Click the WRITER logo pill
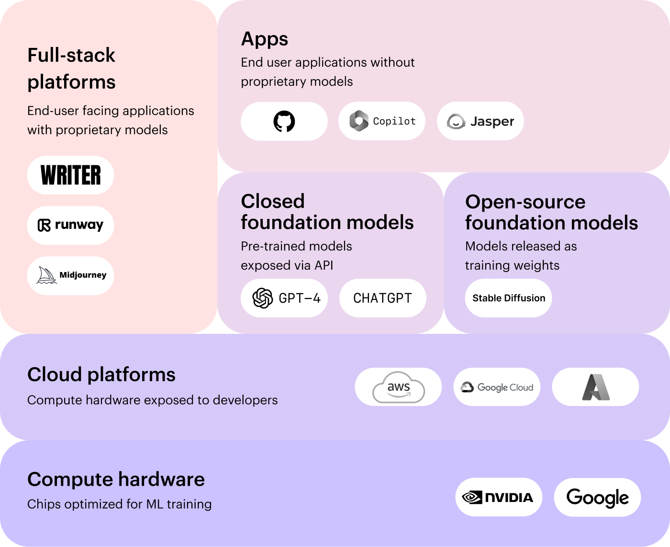coord(71,175)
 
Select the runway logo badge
coord(71,225)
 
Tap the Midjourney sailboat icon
coord(46,275)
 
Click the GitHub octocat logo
coord(284,121)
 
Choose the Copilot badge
coord(382,121)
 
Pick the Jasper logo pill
coord(480,121)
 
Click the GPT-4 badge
coord(284,298)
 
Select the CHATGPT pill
coord(382,298)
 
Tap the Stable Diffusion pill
coord(509,298)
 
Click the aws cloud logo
coord(399,387)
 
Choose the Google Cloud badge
coord(497,387)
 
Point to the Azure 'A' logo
coord(596,387)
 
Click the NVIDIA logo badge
coord(499,497)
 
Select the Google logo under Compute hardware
coord(597,497)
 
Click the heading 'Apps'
coord(265,39)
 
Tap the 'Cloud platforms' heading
coord(101,375)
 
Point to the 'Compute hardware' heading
coord(116,479)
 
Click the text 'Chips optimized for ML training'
coord(120,504)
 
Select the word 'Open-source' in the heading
coord(525,202)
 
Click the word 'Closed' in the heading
coord(273,201)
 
